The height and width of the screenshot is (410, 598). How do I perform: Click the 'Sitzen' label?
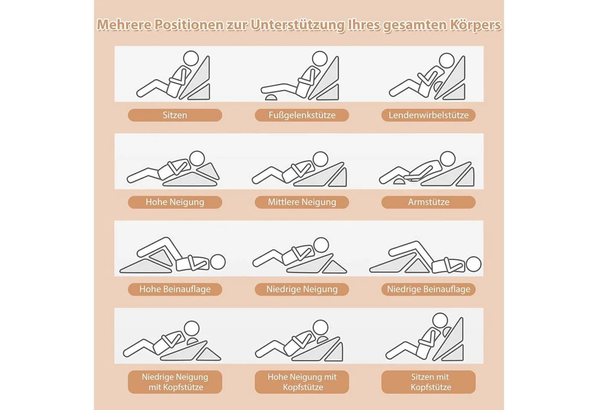tap(175, 115)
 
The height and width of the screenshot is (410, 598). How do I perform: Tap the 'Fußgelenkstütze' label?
tap(302, 115)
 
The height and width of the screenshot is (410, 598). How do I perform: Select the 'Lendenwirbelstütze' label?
tap(428, 115)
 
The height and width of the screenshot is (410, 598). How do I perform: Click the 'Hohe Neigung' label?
tap(175, 202)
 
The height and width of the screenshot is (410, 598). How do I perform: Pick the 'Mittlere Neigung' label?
tap(302, 202)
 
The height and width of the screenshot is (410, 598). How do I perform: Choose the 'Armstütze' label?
tap(428, 202)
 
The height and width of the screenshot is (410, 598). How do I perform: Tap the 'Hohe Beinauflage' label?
tap(175, 289)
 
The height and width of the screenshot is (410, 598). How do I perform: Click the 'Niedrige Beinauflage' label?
tap(428, 289)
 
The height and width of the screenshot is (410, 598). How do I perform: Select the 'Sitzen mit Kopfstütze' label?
tap(428, 382)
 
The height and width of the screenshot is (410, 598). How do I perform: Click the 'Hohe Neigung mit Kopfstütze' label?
tap(302, 382)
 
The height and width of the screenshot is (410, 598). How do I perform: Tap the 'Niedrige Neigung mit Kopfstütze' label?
tap(175, 382)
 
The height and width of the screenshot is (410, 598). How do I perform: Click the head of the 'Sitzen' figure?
tap(191, 59)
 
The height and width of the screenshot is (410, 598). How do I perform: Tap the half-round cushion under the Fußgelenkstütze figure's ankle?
tap(272, 97)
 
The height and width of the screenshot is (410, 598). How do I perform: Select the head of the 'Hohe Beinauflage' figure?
tap(218, 262)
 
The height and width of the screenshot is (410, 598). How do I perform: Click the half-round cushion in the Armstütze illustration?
tap(399, 182)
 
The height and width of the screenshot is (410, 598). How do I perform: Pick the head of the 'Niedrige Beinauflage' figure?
tap(474, 264)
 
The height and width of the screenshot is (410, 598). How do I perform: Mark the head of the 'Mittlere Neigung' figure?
tap(320, 159)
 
